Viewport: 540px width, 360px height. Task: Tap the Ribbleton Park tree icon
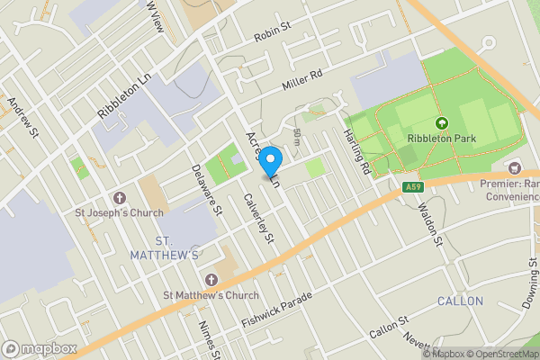coord(441,123)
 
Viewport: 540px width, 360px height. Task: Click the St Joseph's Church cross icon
coord(118,197)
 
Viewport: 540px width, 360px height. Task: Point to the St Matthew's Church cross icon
coord(211,279)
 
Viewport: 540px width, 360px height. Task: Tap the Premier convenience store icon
coord(515,167)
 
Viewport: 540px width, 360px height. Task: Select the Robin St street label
coord(274,31)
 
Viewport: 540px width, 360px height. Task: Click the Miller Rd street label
coord(303,80)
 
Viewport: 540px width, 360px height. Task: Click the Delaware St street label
coord(206,190)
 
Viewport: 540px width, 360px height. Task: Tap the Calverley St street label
coord(257,219)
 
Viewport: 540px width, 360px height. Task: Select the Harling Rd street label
coord(357,150)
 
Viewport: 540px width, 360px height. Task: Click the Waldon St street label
coord(429,226)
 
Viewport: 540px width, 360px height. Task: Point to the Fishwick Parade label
coord(276,310)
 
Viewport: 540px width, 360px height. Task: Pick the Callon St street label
coord(389,328)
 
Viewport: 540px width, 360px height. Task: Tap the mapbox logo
coord(40,348)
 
